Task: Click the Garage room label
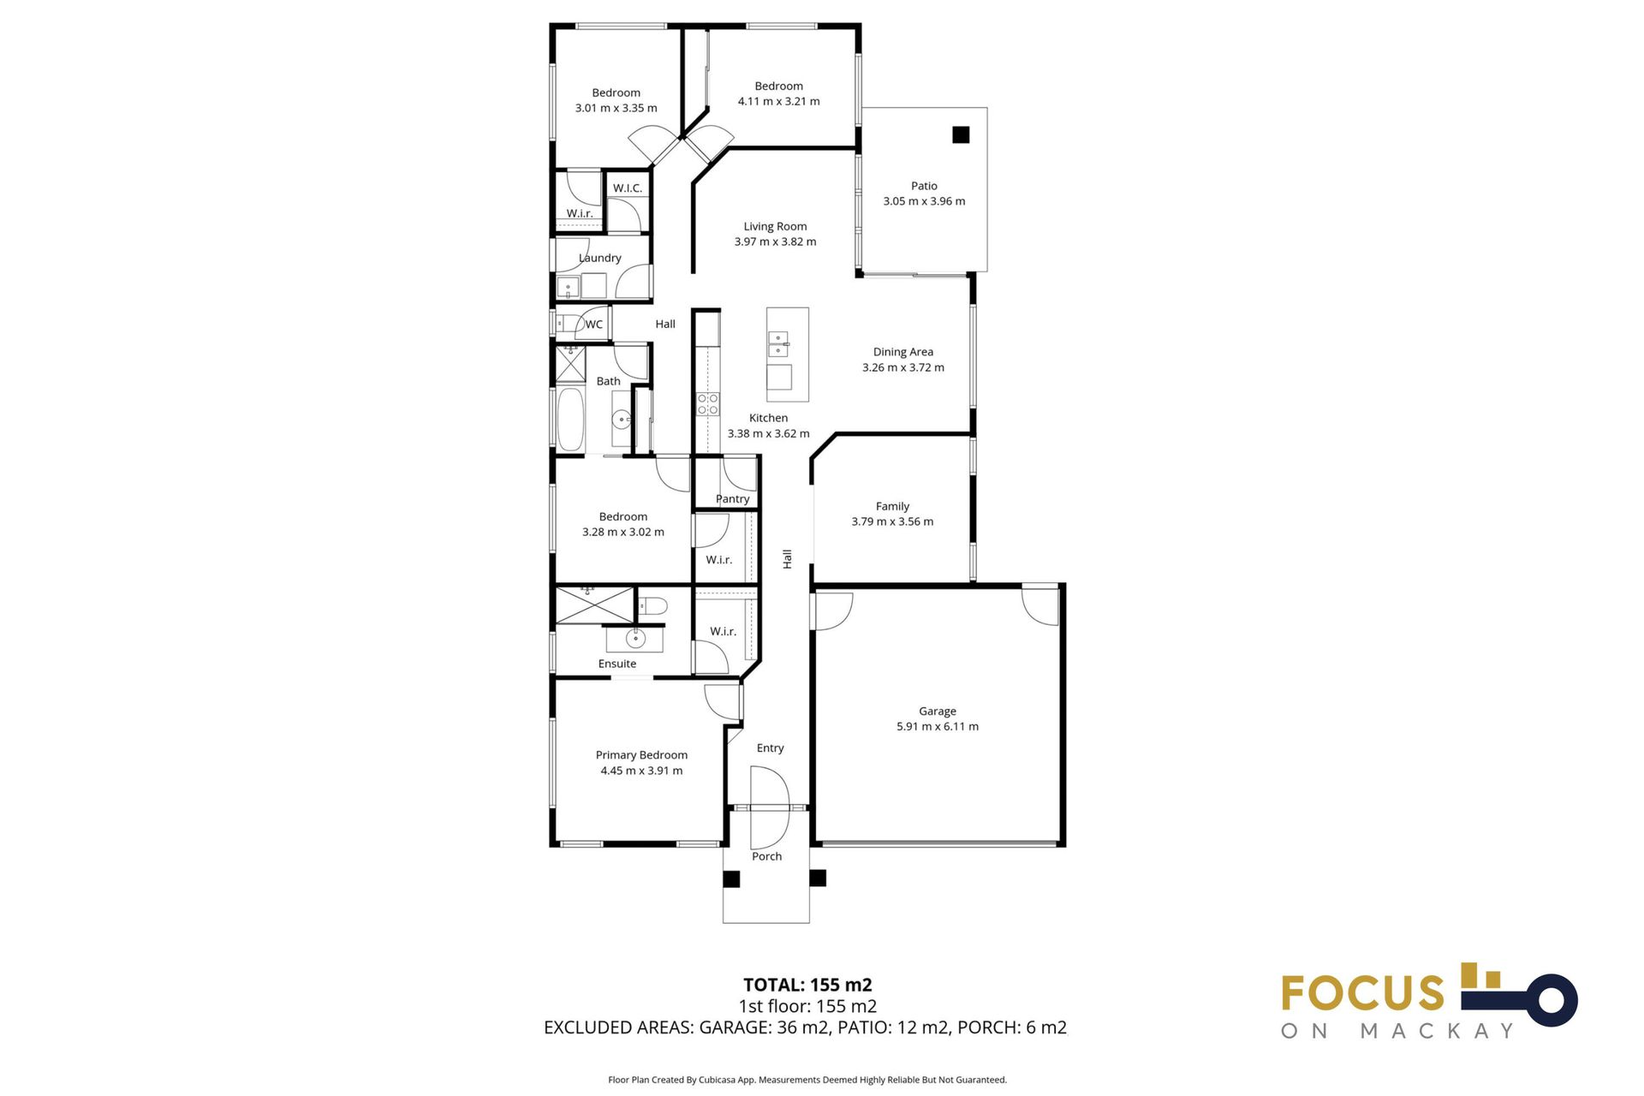click(937, 711)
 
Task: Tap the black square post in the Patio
click(961, 134)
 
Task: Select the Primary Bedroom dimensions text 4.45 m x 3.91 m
click(641, 771)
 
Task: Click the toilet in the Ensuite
click(654, 606)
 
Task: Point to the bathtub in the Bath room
click(570, 420)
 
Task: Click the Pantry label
click(732, 498)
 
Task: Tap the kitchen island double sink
click(778, 344)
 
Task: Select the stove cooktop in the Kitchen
click(708, 404)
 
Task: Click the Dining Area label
click(902, 352)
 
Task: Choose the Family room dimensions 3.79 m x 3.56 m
click(892, 521)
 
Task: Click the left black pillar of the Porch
click(731, 879)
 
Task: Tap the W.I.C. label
click(627, 188)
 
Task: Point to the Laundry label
click(599, 258)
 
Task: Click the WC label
click(593, 325)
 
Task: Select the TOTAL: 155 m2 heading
click(807, 985)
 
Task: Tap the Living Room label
click(775, 226)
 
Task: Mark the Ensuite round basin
click(634, 638)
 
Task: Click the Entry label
click(770, 748)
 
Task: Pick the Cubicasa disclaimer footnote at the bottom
click(807, 1080)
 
